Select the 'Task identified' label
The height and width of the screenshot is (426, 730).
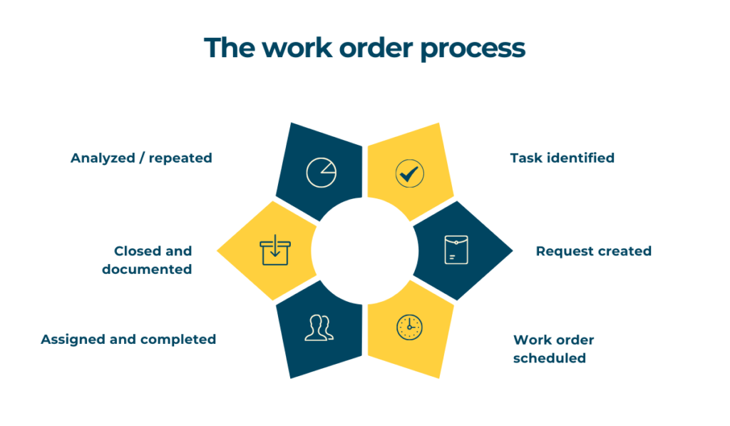(x=562, y=158)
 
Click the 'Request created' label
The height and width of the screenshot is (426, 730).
(x=593, y=251)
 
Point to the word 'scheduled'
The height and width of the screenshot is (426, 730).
(x=550, y=357)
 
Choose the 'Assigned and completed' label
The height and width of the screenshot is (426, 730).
(x=128, y=339)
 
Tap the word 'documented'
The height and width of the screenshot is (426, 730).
(x=147, y=269)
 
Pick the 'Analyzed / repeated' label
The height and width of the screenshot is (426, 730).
(x=141, y=158)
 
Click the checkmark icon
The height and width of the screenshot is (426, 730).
(x=409, y=173)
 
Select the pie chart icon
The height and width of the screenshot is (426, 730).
(x=321, y=173)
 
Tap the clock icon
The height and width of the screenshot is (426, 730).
(x=409, y=327)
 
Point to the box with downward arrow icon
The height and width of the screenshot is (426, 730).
(x=275, y=250)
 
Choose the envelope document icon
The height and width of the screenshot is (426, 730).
(x=456, y=250)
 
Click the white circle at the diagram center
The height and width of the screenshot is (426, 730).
(x=364, y=250)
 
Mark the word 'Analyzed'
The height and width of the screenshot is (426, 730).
(x=103, y=158)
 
